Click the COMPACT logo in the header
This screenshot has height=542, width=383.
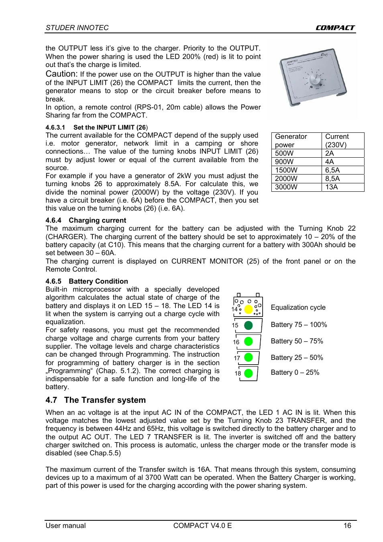(x=335, y=28)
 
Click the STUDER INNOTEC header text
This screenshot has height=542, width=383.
(x=77, y=28)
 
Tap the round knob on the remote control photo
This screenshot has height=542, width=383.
(x=316, y=79)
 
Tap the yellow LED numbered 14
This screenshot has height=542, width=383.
(x=249, y=309)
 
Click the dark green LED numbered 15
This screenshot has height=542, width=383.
(x=249, y=325)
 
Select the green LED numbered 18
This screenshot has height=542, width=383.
(x=249, y=373)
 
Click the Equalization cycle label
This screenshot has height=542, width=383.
(x=298, y=307)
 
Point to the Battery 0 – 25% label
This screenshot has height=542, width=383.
(x=295, y=372)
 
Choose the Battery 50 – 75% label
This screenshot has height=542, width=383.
(x=297, y=341)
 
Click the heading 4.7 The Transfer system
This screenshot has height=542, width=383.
(x=96, y=400)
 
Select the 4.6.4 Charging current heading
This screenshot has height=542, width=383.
(x=86, y=220)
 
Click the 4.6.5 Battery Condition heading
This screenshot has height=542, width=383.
(x=87, y=281)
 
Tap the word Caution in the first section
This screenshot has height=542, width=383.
(x=61, y=74)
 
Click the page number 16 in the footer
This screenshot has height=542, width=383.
(x=347, y=526)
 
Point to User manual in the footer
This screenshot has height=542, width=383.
(x=65, y=526)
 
